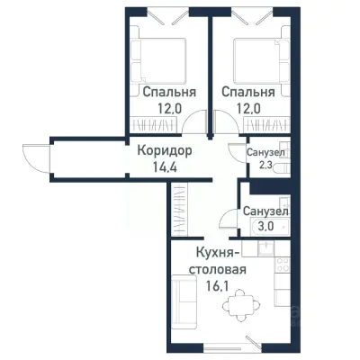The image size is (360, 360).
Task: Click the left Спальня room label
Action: point(164,92)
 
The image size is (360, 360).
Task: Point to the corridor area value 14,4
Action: point(163,166)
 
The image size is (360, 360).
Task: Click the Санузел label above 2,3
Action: point(266,153)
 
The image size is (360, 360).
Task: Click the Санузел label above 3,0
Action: point(265,211)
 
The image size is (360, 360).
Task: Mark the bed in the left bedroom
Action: point(159,58)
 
